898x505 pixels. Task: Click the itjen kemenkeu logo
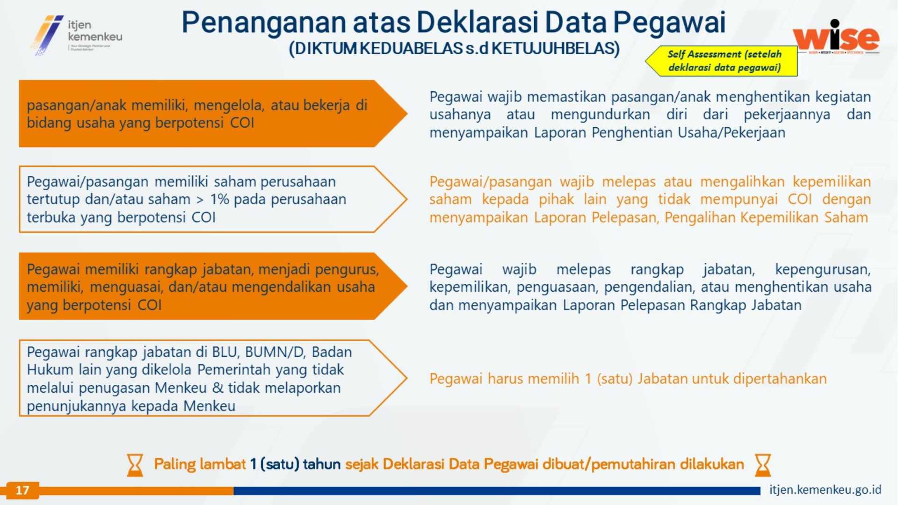[76, 35]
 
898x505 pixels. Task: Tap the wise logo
[836, 36]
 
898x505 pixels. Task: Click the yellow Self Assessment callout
[721, 61]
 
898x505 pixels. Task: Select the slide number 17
[22, 490]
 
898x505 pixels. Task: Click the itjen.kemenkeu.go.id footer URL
[826, 490]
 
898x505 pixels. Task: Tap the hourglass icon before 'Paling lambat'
[135, 465]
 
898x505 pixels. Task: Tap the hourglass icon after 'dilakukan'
[763, 465]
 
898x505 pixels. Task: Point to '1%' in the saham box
[219, 199]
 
